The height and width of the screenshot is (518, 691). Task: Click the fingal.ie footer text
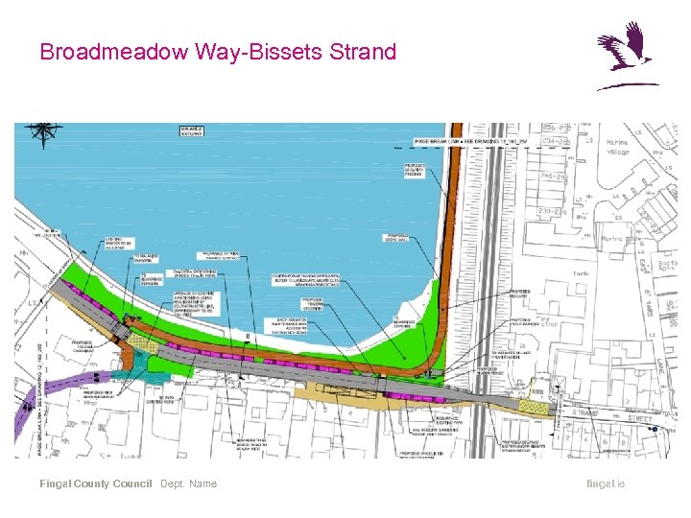[x=605, y=483]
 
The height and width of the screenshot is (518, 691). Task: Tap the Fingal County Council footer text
[x=95, y=483]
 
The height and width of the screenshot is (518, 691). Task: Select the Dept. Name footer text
[x=189, y=483]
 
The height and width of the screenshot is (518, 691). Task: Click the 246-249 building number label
[x=552, y=176]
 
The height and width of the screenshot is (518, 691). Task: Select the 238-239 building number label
[x=552, y=211]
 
